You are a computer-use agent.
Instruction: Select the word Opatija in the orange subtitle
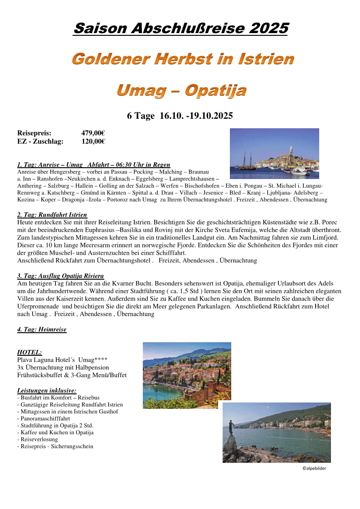pos(216,90)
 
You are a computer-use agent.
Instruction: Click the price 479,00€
pos(93,133)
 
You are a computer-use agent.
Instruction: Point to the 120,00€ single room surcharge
pos(93,141)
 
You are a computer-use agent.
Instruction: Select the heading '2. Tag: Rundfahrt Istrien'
pos(52,214)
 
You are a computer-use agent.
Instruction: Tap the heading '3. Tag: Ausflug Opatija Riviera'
pos(60,276)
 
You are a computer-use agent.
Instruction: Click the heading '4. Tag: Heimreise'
pos(42,330)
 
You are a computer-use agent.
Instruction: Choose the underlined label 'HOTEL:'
pos(29,352)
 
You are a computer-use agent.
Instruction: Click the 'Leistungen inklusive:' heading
pos(46,390)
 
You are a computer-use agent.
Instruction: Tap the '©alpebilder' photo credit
pos(314,468)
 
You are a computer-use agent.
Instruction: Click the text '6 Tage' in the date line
pos(141,116)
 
